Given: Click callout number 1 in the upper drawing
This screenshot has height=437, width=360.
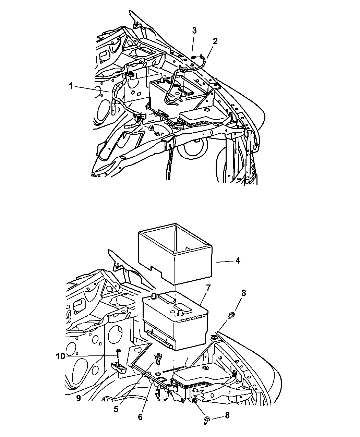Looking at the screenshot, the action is [71, 86].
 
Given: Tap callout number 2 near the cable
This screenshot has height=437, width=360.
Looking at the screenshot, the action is [215, 41].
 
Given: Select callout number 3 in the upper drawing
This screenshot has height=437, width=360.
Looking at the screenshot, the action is [194, 31].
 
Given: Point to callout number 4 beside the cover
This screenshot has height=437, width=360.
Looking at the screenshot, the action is [238, 261].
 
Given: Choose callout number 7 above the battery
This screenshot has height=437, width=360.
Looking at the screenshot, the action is [208, 288].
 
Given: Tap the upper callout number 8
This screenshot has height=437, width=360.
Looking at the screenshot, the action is [243, 293].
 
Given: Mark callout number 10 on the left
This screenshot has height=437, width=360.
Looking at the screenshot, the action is [61, 356].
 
